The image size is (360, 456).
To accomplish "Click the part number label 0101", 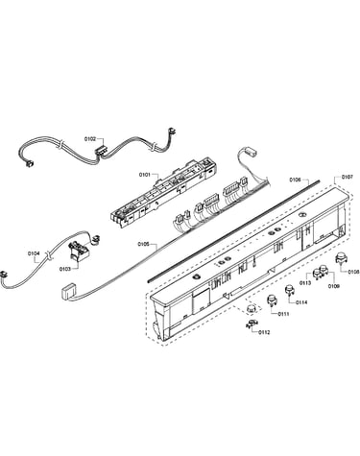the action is coord(144,175).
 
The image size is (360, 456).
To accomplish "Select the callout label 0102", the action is coord(90,139).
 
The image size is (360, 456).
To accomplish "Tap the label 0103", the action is coord(64,269).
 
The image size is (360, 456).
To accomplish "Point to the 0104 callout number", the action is coord(34,253).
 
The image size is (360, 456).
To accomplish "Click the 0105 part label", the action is coord(144,244).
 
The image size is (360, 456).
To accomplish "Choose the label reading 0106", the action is coord(295,180).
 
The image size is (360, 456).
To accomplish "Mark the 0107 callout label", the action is coord(348,177).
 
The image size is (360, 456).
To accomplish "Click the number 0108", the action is coord(353,272).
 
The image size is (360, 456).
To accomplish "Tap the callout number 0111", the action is coord(283,314).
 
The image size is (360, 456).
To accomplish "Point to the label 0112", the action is coord(264,332).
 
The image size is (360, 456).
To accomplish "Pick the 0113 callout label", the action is coord(305,283).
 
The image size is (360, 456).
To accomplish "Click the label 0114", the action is coord(301,302).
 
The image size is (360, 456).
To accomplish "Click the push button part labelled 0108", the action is coord(340,258).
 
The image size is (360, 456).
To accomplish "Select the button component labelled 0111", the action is coord(272,300).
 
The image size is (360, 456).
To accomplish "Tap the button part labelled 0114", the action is coord(290,289).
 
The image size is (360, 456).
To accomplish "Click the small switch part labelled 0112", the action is coord(251,324).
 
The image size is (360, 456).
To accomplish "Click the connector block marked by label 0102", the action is coord(101,151).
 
